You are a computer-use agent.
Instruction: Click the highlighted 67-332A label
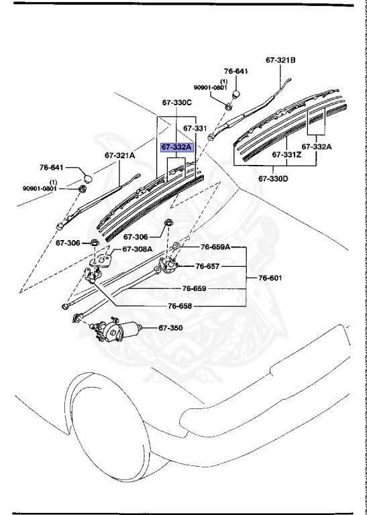click(176, 147)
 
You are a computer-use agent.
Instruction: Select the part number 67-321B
click(280, 60)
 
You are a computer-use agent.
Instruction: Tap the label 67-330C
click(176, 103)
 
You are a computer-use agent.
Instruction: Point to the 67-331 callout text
click(196, 127)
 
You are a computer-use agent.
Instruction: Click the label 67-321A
click(119, 155)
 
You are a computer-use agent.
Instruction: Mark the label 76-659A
click(215, 247)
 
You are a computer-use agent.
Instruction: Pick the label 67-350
click(170, 328)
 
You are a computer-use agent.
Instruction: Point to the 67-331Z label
click(286, 154)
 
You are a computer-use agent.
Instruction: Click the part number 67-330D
click(275, 179)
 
